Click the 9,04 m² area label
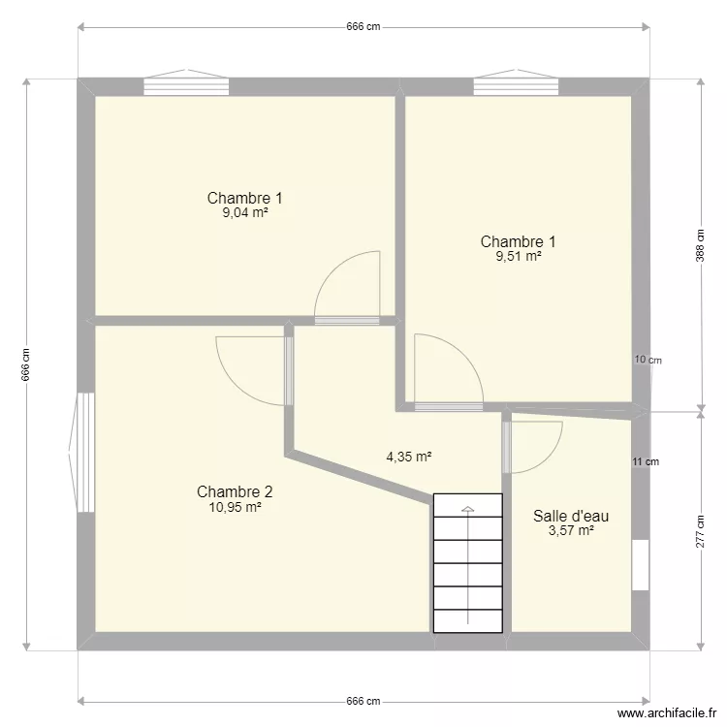[x=244, y=213]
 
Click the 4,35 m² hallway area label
[x=408, y=457]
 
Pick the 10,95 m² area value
[x=235, y=506]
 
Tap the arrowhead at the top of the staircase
[x=467, y=509]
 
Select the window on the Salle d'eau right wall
[x=640, y=565]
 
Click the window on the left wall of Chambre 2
[x=84, y=452]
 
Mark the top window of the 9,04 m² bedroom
[x=186, y=85]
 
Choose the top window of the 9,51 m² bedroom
[x=517, y=85]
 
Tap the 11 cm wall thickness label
[x=645, y=461]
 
